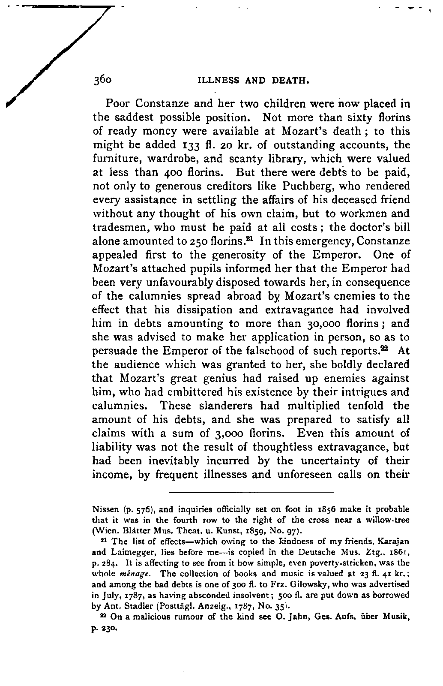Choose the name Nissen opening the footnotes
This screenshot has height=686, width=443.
106,510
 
